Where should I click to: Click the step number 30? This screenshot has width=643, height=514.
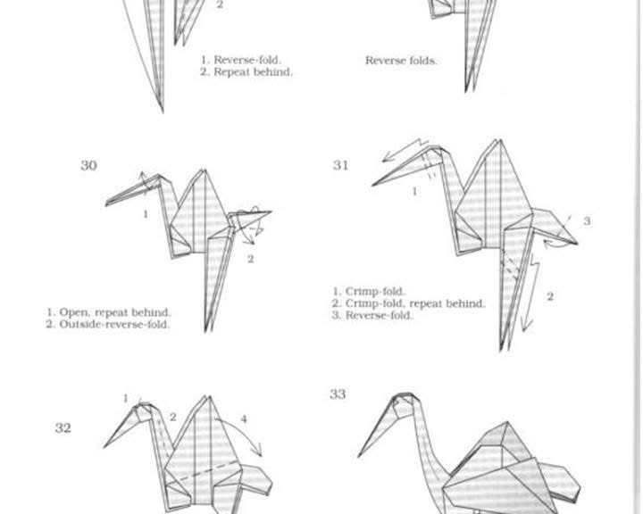click(x=88, y=166)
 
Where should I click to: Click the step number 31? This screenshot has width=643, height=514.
click(x=341, y=165)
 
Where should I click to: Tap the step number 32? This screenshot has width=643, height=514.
click(x=63, y=428)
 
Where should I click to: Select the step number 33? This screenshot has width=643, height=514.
click(x=338, y=394)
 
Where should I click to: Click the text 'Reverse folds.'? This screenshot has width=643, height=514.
click(x=401, y=61)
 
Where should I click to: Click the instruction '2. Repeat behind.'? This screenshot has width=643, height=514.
click(x=246, y=72)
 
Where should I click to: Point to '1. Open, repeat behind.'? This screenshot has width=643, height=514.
click(x=109, y=312)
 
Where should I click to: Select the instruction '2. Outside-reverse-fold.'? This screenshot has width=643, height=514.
click(x=108, y=324)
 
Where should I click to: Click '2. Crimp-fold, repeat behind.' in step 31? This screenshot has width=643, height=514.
click(x=409, y=303)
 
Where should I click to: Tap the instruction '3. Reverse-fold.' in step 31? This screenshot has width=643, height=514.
click(x=372, y=315)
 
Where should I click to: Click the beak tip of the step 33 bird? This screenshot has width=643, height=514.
click(x=358, y=456)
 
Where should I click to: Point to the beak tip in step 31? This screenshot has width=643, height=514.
click(x=372, y=186)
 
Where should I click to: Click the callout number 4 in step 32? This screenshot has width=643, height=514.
click(x=244, y=419)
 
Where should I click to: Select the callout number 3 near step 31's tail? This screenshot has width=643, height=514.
click(x=587, y=221)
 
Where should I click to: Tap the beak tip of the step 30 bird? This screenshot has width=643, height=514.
click(x=106, y=203)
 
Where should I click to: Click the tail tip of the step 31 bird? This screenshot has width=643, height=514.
click(x=578, y=244)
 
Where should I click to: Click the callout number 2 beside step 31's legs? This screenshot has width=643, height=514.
click(x=550, y=296)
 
